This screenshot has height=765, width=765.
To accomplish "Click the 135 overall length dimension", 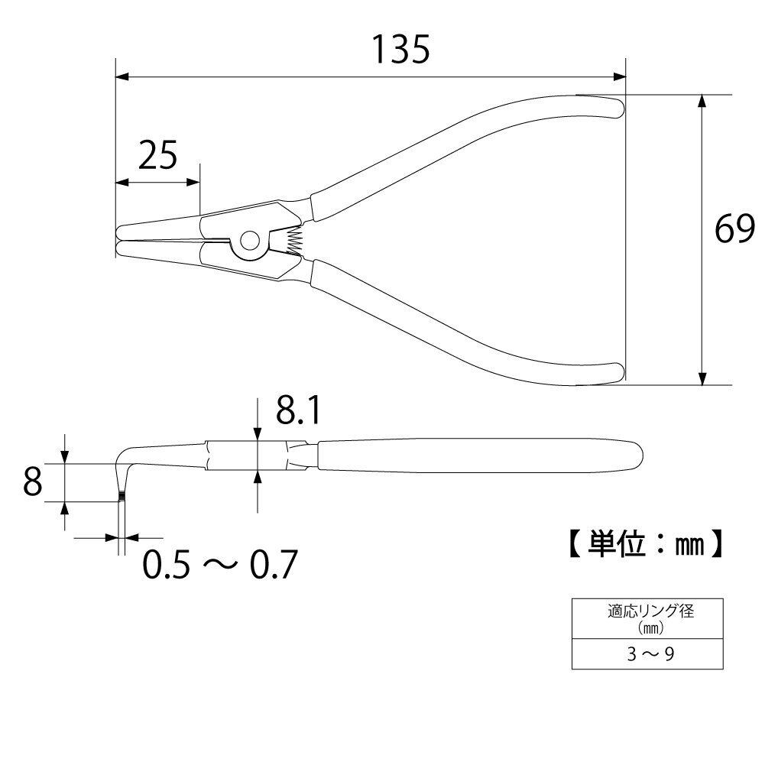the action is click(400, 50).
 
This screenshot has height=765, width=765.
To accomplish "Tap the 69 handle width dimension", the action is click(735, 229).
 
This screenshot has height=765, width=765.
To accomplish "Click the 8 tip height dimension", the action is click(31, 482).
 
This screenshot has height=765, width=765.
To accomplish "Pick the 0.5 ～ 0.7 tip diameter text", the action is click(220, 566).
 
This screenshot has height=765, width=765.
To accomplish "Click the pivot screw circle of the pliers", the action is click(248, 241).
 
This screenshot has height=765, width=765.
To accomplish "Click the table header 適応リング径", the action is click(648, 611).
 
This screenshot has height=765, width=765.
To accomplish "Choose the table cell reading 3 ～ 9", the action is click(648, 655).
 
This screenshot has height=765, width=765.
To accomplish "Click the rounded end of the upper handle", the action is click(615, 105).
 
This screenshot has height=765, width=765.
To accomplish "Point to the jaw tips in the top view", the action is click(119, 240).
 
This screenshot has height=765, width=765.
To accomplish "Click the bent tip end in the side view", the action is click(122, 499).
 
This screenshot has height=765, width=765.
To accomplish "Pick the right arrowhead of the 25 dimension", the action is click(195, 183).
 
